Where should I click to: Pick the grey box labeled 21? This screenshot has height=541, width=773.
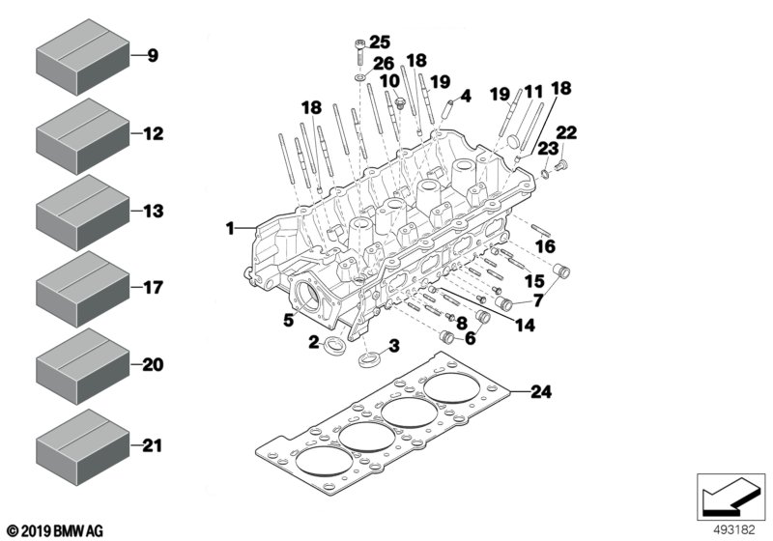coord(82,444)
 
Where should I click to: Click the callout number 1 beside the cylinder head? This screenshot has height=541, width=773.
coord(230,229)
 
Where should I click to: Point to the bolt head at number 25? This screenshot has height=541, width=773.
coord(360,44)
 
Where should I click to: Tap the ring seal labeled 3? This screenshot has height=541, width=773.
coord(371,363)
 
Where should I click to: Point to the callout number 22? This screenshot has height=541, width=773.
coord(567,132)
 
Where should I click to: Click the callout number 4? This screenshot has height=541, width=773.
coord(465,96)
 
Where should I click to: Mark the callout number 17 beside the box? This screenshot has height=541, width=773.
coord(154,288)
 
